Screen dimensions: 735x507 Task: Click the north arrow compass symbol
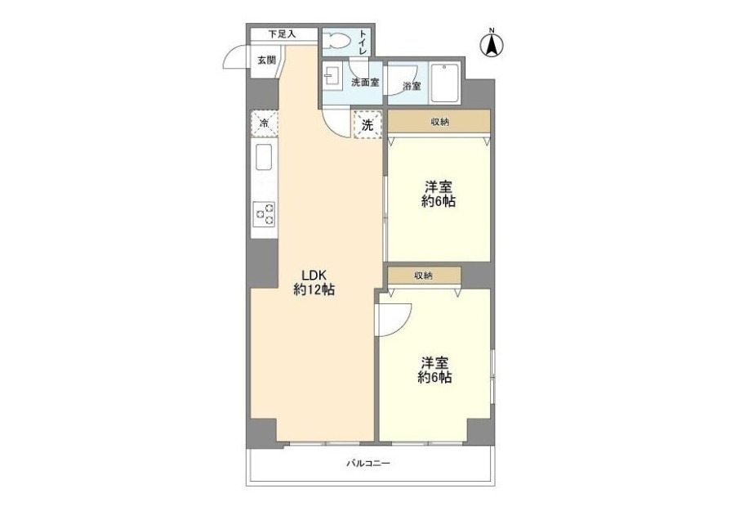(x=492, y=43)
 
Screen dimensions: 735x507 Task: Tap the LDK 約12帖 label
(x=314, y=282)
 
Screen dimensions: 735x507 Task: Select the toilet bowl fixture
(x=337, y=40)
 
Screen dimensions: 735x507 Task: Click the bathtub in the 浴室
(x=444, y=83)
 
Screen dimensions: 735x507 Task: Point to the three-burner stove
(x=264, y=213)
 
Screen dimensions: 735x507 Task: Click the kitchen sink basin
(x=264, y=158)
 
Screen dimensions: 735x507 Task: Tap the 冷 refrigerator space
(x=264, y=124)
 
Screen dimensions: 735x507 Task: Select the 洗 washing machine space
(x=367, y=125)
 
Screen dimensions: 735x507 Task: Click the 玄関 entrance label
(x=266, y=60)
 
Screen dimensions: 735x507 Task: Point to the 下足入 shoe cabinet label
(x=283, y=34)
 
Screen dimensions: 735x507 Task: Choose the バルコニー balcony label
(x=368, y=464)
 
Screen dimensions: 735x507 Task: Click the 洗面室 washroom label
(x=365, y=83)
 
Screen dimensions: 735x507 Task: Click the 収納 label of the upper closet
(x=439, y=122)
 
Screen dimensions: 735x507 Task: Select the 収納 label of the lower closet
(x=423, y=276)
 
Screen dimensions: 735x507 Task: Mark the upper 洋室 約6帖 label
(x=439, y=194)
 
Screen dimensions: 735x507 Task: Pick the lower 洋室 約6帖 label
(x=435, y=370)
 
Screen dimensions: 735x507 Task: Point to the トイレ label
(x=363, y=42)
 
